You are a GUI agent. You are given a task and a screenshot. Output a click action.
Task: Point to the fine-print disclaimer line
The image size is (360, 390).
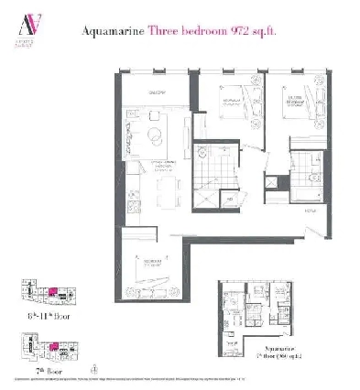pyautogui.click(x=180, y=377)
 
